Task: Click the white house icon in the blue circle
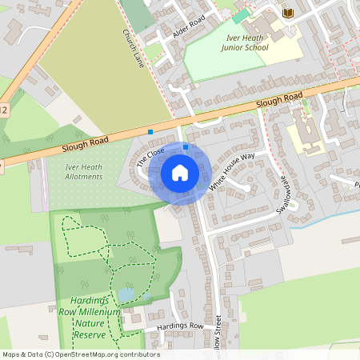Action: [180, 172]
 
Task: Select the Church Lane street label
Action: [131, 49]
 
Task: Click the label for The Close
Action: [150, 156]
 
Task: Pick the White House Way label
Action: [232, 170]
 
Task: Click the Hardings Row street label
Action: [180, 326]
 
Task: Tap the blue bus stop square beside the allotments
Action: [150, 131]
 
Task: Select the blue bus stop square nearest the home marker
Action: [186, 147]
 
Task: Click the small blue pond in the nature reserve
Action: [126, 295]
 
